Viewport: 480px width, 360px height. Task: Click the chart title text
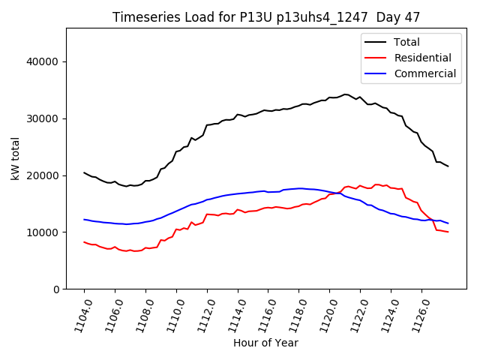coord(265,17)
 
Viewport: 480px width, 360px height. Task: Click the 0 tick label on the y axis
coord(56,289)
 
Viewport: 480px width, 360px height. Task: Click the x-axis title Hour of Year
coord(265,343)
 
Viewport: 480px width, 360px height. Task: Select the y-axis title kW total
coord(15,157)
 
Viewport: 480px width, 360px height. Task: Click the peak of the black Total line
coord(345,94)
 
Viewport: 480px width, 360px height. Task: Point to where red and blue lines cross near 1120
coord(338,193)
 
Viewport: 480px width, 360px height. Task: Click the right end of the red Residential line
coord(448,232)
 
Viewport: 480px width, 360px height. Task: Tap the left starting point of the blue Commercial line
coord(84,220)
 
